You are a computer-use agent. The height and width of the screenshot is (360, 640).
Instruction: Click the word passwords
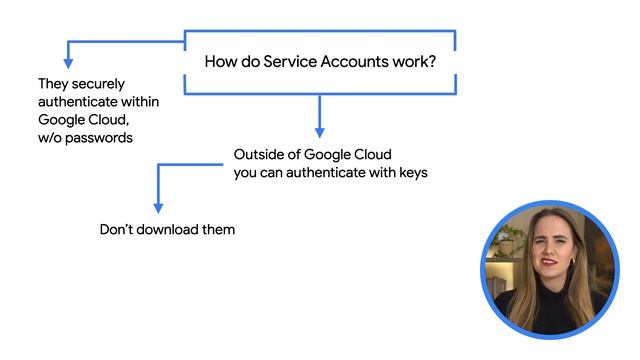pyautogui.click(x=97, y=138)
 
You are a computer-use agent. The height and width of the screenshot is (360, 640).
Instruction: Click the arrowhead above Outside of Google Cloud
pyautogui.click(x=320, y=130)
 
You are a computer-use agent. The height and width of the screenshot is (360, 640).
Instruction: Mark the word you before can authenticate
pyautogui.click(x=247, y=173)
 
